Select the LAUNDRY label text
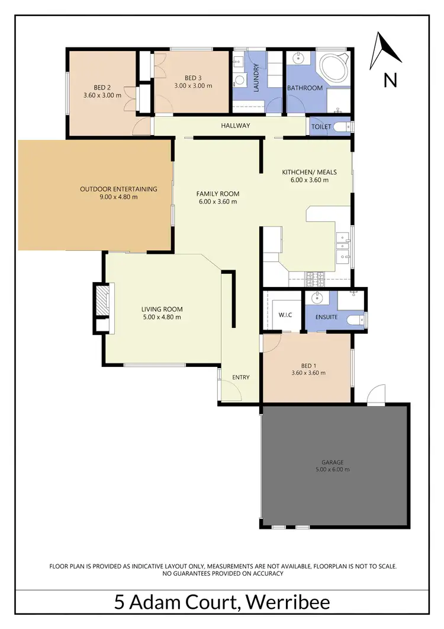pyautogui.click(x=256, y=78)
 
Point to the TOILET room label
pyautogui.click(x=321, y=127)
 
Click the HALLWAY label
pyautogui.click(x=236, y=126)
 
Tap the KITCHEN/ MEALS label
pyautogui.click(x=308, y=172)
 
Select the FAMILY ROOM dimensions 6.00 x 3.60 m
pyautogui.click(x=217, y=202)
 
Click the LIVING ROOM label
pyautogui.click(x=162, y=309)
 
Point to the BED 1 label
pyautogui.click(x=308, y=365)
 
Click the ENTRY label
pyautogui.click(x=241, y=378)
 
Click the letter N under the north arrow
pyautogui.click(x=390, y=80)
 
